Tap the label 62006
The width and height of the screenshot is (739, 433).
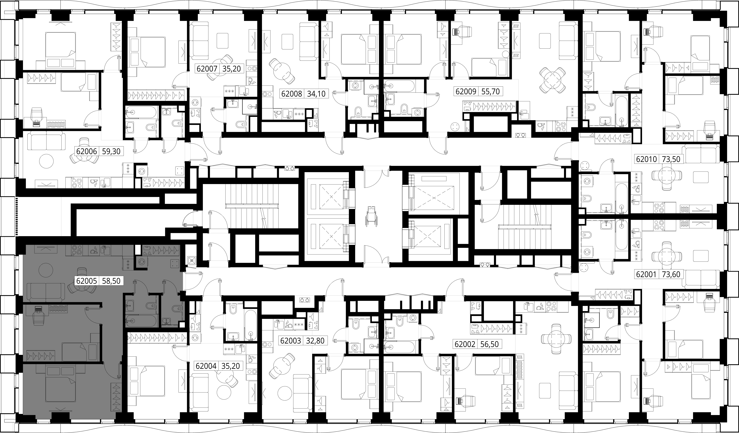pos(87,151)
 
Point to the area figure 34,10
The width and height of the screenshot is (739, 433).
pos(316,94)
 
